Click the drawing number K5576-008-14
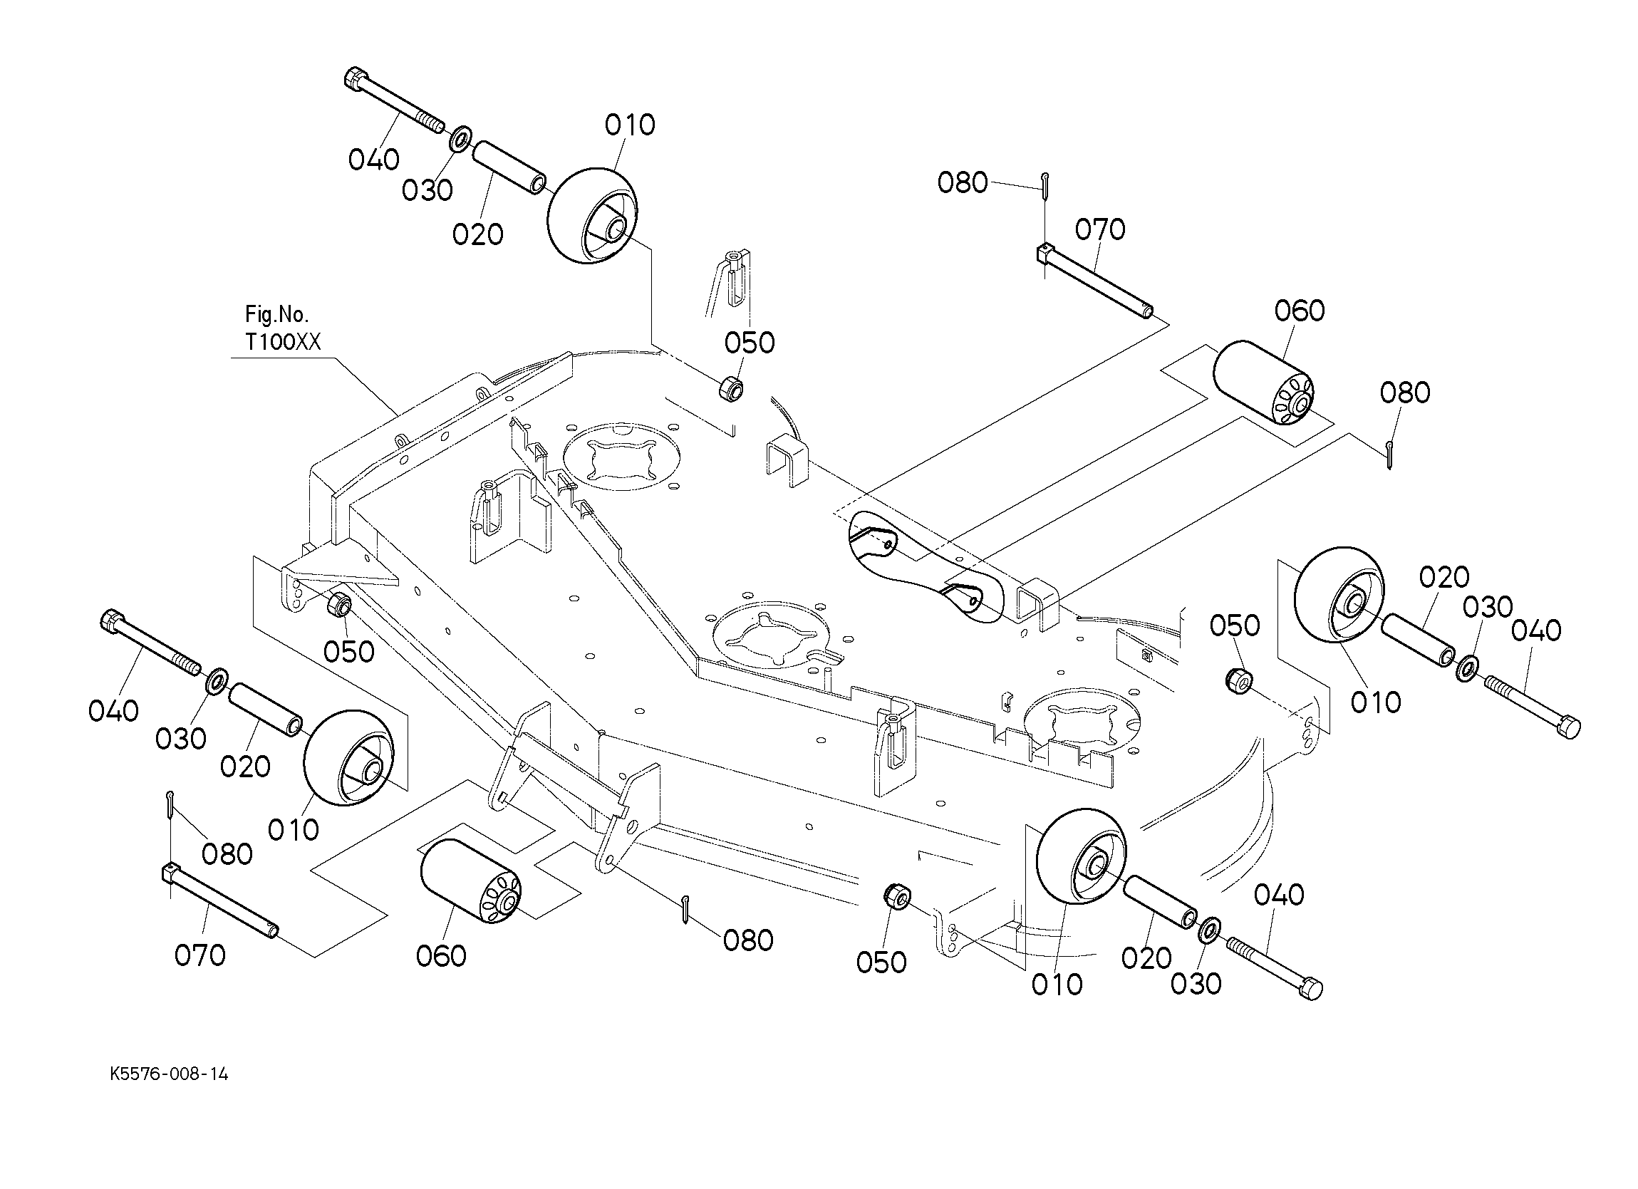point(169,1074)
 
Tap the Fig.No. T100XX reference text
point(281,328)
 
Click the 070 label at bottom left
point(200,955)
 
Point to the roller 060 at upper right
point(1263,383)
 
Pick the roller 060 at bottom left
point(470,881)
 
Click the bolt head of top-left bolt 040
point(356,78)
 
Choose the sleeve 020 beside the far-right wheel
point(1418,640)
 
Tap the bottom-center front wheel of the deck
point(1079,856)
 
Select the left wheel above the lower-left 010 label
point(349,757)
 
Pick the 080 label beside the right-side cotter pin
point(1405,393)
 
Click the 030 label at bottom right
point(1196,983)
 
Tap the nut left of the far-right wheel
point(1238,680)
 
